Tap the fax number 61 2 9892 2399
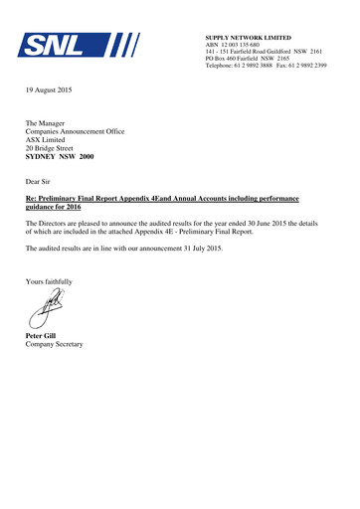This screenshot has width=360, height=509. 309,67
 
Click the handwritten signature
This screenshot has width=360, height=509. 46,309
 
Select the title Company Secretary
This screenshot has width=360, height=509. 56,344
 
